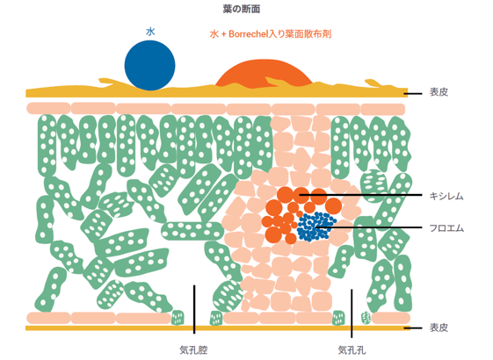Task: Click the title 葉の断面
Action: [241, 9]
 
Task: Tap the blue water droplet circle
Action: [149, 66]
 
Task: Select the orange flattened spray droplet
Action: [265, 73]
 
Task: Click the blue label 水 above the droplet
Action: [150, 32]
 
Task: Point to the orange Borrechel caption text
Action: [271, 34]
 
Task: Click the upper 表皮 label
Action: [439, 92]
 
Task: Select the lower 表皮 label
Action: [439, 328]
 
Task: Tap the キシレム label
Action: [446, 197]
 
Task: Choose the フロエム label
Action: [446, 227]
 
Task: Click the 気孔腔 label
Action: [193, 350]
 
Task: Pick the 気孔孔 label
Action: [352, 350]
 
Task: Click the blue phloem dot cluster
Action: [316, 227]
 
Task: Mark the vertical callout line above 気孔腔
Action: [194, 309]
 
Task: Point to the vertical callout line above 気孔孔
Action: [352, 313]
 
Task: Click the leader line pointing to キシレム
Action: [360, 195]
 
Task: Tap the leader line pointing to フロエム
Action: [369, 227]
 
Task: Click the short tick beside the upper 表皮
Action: [413, 93]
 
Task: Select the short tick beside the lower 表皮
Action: [413, 328]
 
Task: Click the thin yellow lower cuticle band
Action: [217, 328]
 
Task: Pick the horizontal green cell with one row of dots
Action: [192, 231]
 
